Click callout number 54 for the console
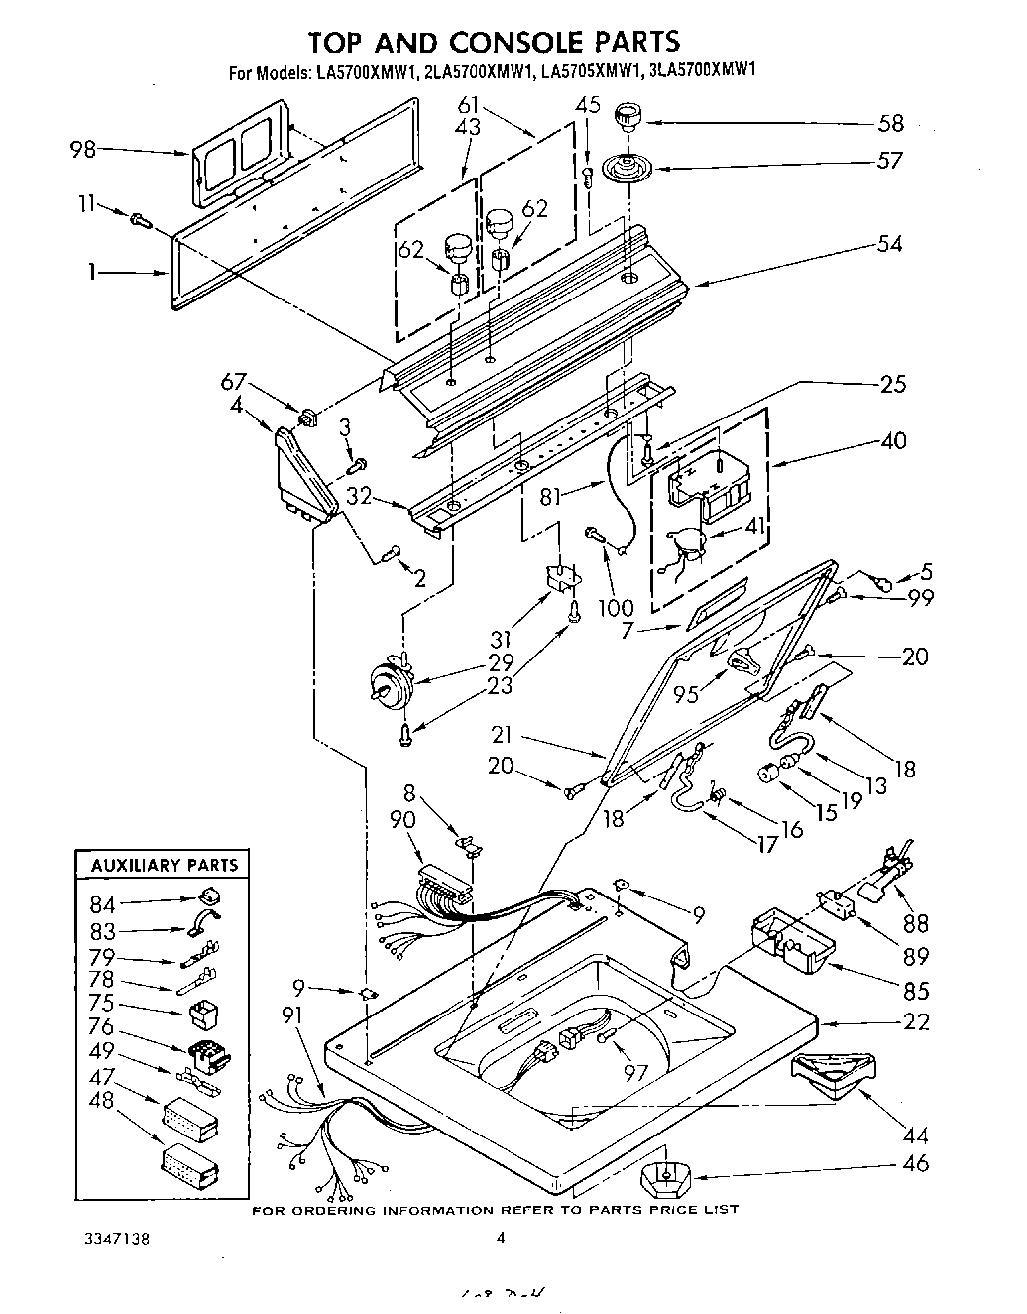[889, 244]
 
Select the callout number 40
[892, 440]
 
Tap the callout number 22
[916, 1021]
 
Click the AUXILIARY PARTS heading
[165, 865]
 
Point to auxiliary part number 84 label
[102, 903]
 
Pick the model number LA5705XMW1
[591, 71]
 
